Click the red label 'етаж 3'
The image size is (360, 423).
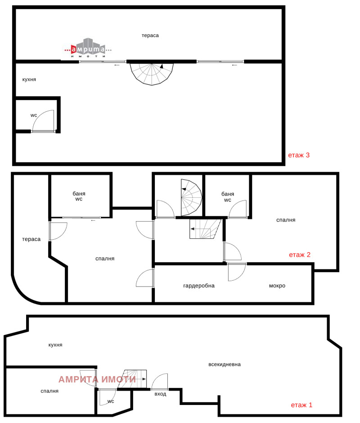click(x=299, y=155)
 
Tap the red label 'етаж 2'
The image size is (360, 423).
click(x=300, y=255)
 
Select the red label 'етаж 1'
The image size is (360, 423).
click(x=301, y=405)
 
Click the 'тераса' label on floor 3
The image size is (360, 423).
click(x=150, y=35)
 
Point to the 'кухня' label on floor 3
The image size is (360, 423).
click(x=29, y=80)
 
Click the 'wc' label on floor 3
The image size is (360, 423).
click(x=34, y=115)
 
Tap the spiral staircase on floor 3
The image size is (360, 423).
click(x=152, y=74)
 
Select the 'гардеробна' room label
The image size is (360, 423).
click(x=199, y=286)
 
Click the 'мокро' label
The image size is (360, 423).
click(x=277, y=286)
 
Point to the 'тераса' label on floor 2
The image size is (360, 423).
click(x=31, y=239)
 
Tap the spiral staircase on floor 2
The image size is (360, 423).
click(x=191, y=197)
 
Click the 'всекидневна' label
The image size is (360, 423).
click(x=225, y=364)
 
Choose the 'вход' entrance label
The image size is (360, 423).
click(x=160, y=394)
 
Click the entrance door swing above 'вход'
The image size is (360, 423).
click(x=159, y=382)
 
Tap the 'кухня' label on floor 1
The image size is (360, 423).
click(x=55, y=345)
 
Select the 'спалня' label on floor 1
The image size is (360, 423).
click(x=49, y=391)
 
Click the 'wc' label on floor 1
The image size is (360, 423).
click(x=111, y=401)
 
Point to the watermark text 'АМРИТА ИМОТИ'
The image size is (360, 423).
click(x=97, y=380)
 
